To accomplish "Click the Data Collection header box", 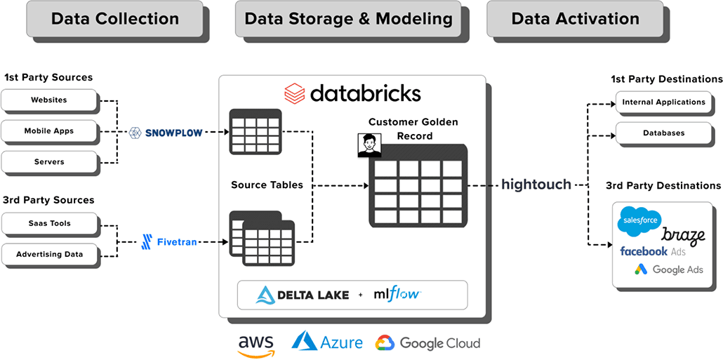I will (114, 19).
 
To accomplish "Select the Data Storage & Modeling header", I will (348, 19).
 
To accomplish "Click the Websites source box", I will (48, 100).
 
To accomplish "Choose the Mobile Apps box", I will (48, 131).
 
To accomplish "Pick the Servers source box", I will (48, 162).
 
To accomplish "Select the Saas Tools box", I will (48, 224).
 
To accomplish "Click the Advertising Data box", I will (48, 255).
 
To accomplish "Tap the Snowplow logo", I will (166, 132).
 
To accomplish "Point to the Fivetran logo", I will (168, 241).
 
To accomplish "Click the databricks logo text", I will (352, 93).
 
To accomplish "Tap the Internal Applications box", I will (663, 102).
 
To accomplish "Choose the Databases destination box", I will (663, 133).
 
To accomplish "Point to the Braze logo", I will (683, 235).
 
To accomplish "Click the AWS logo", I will (256, 344).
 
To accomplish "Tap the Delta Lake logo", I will (303, 295).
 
